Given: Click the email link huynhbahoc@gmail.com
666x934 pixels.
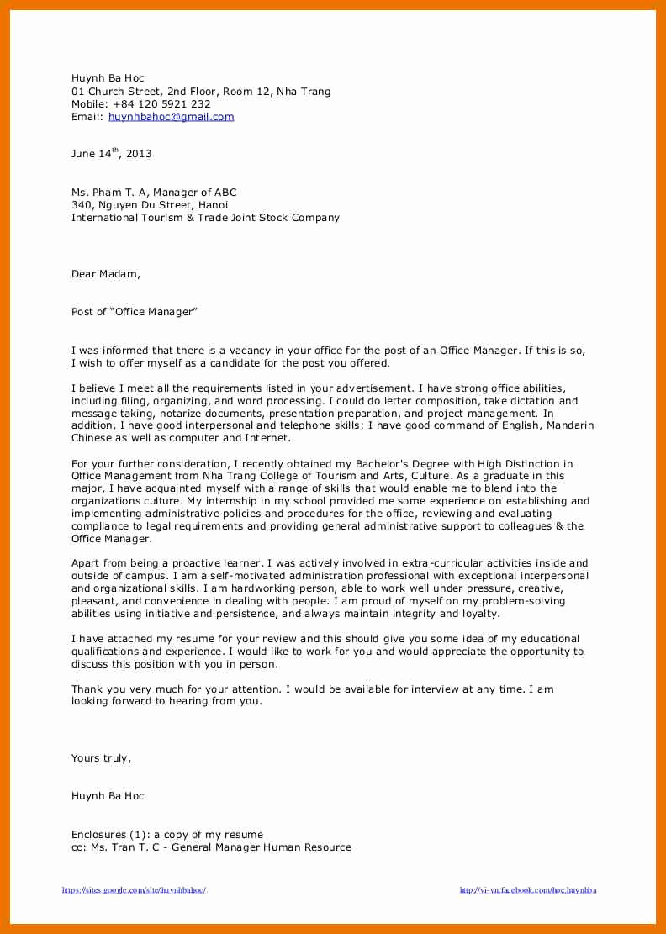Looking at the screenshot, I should click(171, 117).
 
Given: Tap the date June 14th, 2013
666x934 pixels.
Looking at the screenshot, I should click(111, 154).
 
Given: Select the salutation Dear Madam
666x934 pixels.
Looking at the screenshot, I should click(106, 274).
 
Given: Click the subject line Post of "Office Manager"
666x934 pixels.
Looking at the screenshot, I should click(134, 312).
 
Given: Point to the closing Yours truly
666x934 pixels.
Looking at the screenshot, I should click(101, 758).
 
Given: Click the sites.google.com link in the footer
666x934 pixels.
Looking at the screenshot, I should click(134, 890).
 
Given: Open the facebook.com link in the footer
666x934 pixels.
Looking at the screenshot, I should click(527, 890).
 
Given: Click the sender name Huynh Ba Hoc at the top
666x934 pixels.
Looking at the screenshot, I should click(108, 78).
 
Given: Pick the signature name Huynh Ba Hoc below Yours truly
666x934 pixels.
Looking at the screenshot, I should click(108, 796).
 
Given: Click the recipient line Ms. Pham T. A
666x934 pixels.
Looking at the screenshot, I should click(154, 193).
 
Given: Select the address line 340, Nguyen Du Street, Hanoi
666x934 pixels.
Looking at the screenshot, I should click(149, 205).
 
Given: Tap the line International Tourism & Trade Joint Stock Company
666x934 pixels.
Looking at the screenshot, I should click(205, 218).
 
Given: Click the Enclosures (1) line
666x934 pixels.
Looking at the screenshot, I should click(166, 835).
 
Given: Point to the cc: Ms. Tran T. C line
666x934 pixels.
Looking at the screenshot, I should click(211, 847).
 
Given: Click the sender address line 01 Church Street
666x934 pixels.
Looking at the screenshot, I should click(201, 92).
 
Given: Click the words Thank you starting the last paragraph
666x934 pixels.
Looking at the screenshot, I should click(96, 689).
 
